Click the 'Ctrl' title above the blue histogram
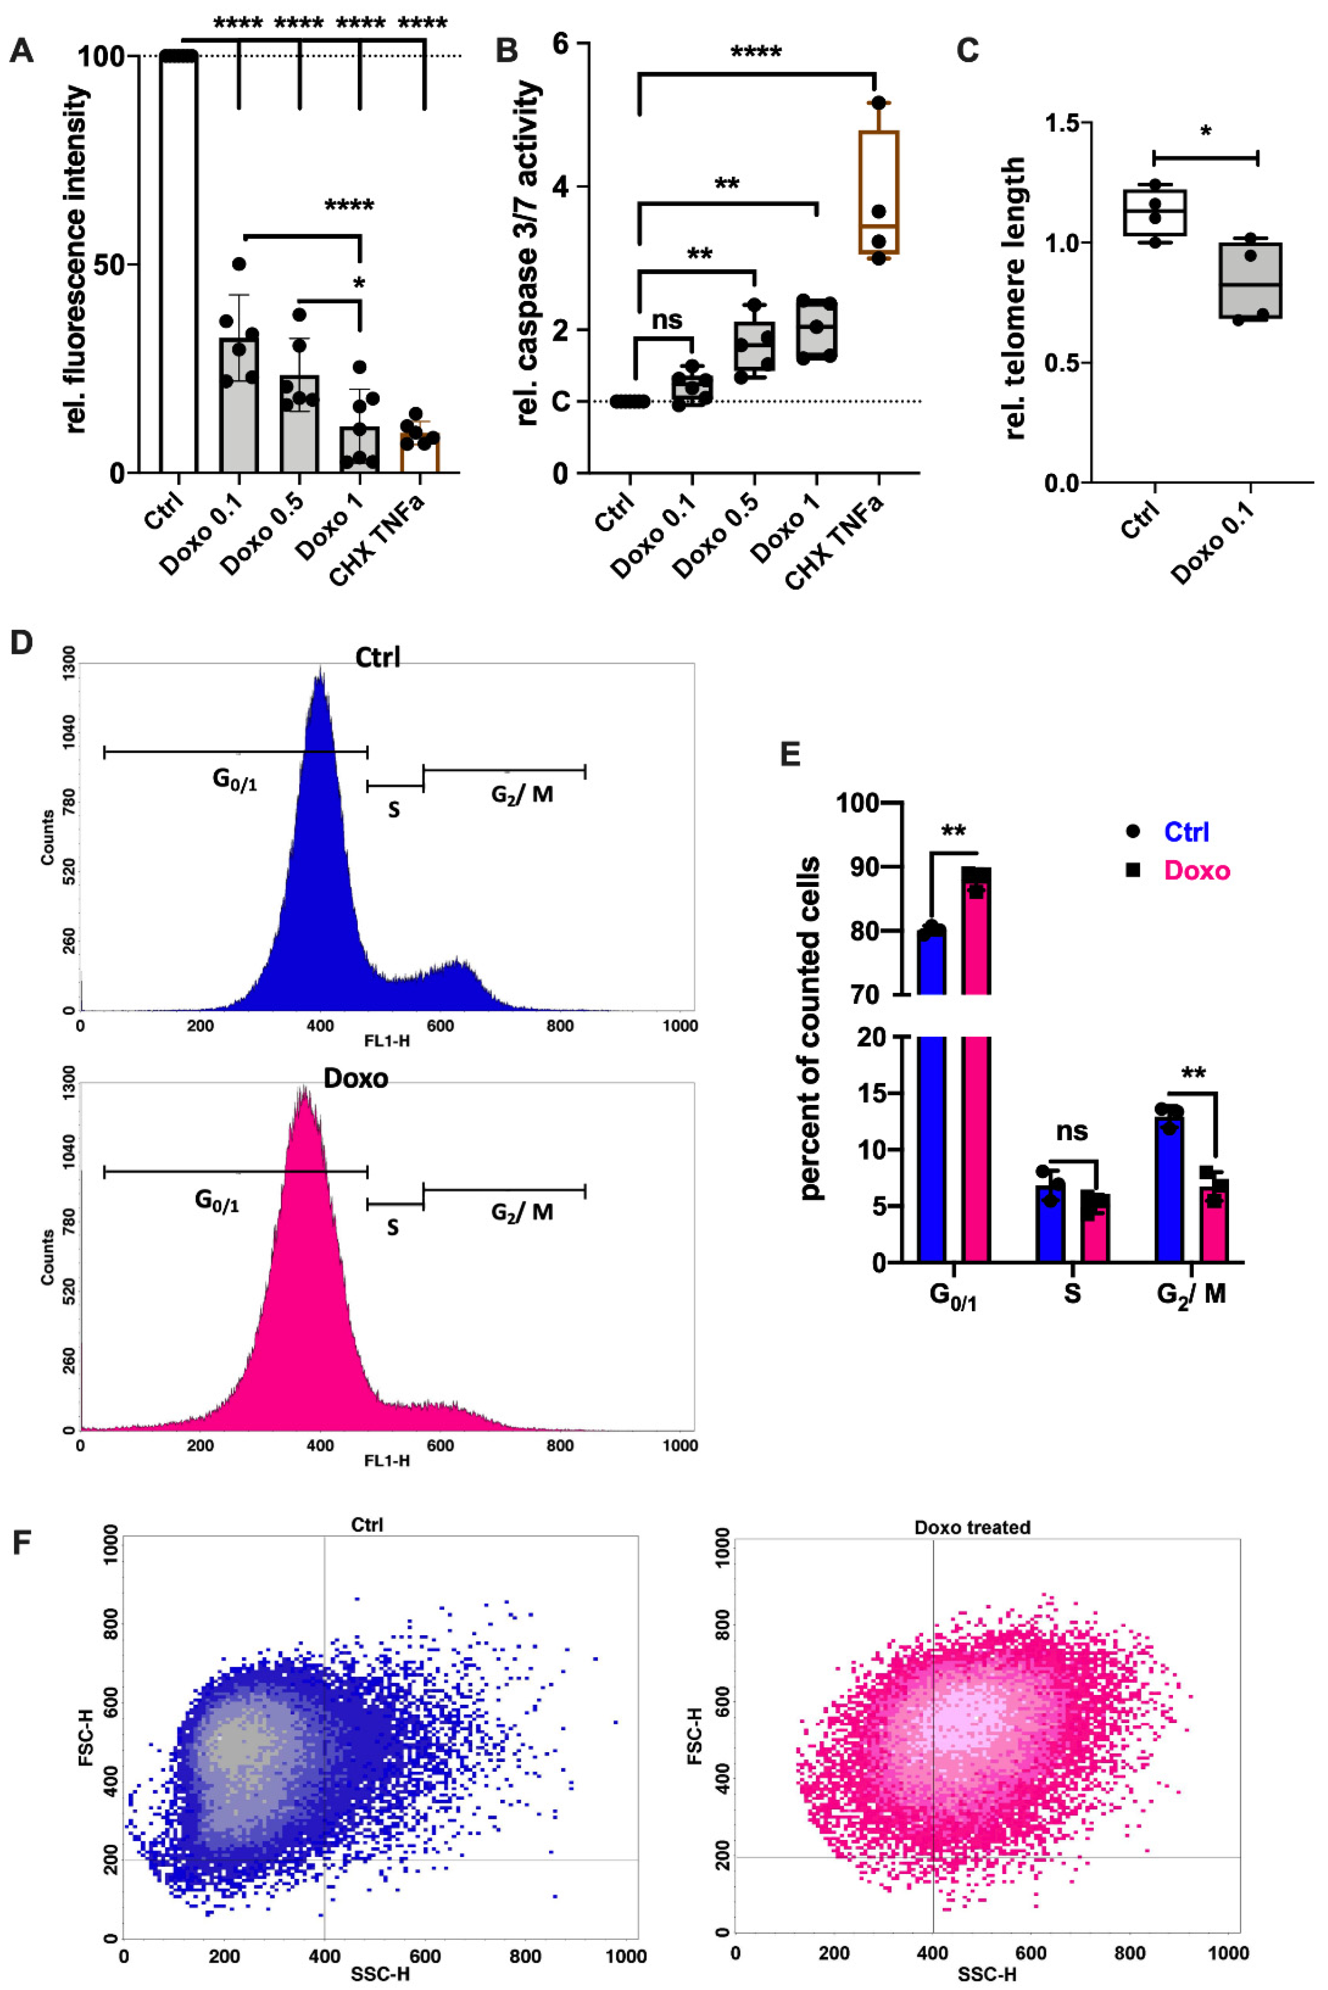[x=378, y=657]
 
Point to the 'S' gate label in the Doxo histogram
[x=393, y=1227]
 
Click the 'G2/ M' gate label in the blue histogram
[x=522, y=794]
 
